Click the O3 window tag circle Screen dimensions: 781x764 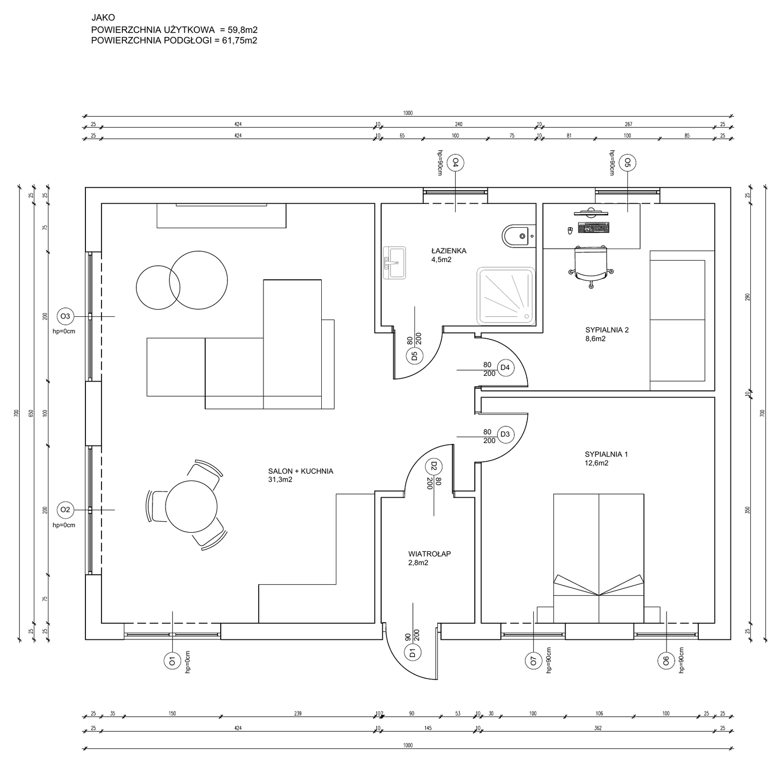(65, 316)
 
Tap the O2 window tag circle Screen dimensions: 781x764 (65, 510)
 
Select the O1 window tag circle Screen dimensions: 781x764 (171, 662)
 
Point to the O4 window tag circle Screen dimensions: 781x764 (456, 163)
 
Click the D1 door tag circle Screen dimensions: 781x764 (412, 652)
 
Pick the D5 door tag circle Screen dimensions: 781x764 (414, 356)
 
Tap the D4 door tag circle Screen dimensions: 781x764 (505, 367)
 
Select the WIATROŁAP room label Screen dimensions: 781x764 (430, 554)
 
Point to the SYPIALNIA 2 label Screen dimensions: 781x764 (607, 330)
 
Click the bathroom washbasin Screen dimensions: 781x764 (394, 263)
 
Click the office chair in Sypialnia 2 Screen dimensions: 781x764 (591, 265)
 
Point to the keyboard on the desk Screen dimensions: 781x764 (593, 228)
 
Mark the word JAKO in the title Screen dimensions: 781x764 (103, 18)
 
